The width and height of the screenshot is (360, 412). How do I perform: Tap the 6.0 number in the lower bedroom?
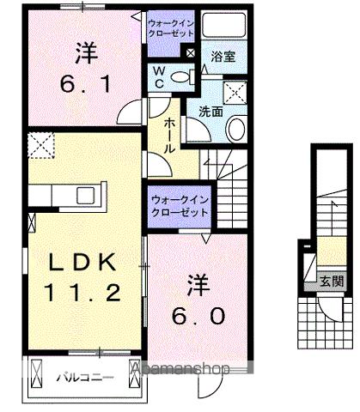[x=203, y=316]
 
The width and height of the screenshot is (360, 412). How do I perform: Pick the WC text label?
[x=160, y=78]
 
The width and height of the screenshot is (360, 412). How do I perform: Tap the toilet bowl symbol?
[x=180, y=78]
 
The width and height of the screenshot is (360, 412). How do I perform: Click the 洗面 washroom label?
[x=211, y=111]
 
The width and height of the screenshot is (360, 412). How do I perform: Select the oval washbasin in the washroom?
[x=235, y=130]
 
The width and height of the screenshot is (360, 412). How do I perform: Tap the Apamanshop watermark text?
[x=180, y=370]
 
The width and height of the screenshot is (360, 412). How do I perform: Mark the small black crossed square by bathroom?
[x=191, y=53]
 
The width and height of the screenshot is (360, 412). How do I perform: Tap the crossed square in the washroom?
[x=235, y=93]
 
